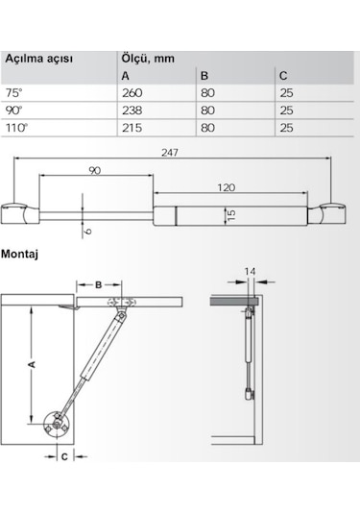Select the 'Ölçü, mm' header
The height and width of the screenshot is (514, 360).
[x=152, y=57]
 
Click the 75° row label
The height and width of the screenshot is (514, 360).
[x=13, y=93]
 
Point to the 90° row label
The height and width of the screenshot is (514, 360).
[x=13, y=110]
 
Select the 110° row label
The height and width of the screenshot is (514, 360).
[x=15, y=128]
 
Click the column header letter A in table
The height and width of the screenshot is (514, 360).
[x=126, y=76]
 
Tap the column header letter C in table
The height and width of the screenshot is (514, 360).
[x=281, y=76]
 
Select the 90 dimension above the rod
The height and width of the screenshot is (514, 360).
[x=95, y=171]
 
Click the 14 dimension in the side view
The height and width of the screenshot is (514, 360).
[x=250, y=273]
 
